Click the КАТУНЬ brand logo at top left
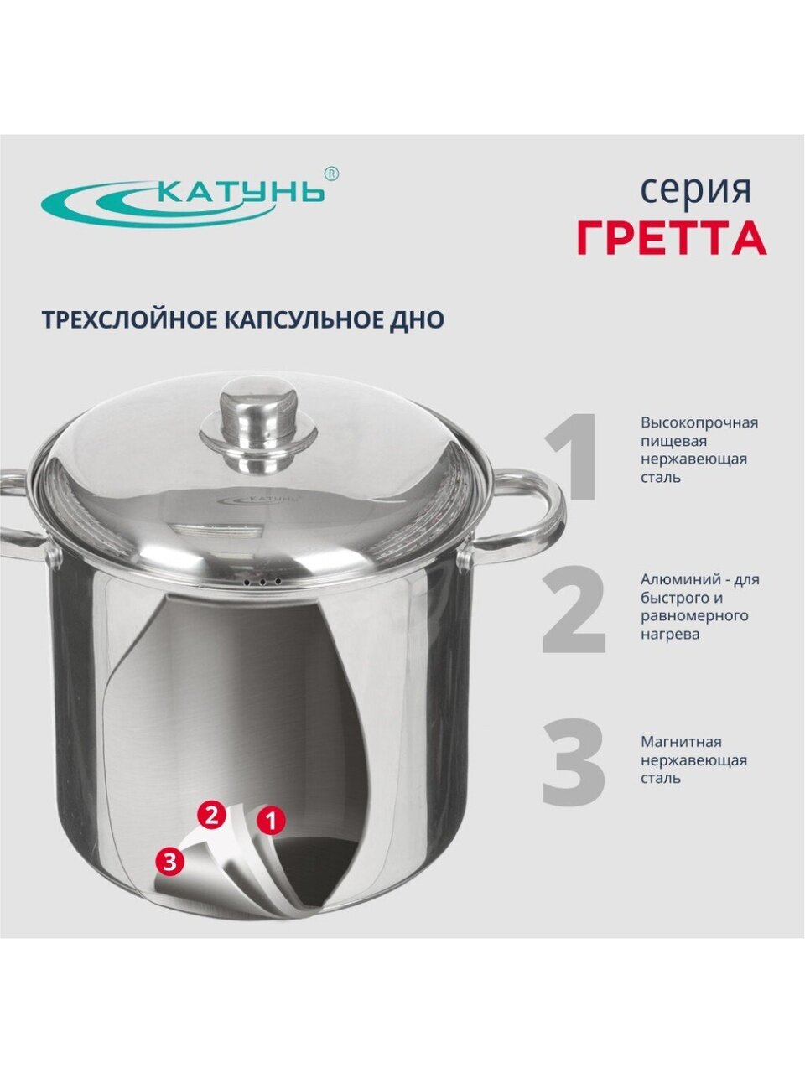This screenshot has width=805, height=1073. tap(184, 200)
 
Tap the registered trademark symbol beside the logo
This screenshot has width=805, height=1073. tap(331, 174)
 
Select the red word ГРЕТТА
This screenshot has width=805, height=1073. tap(672, 237)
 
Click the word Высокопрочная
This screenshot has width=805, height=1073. tap(699, 423)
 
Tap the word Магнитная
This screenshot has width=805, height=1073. tap(681, 742)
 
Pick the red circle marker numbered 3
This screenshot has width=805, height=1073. tap(169, 863)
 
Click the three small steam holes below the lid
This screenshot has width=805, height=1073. tap(262, 583)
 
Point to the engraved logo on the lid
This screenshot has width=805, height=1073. tap(257, 499)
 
